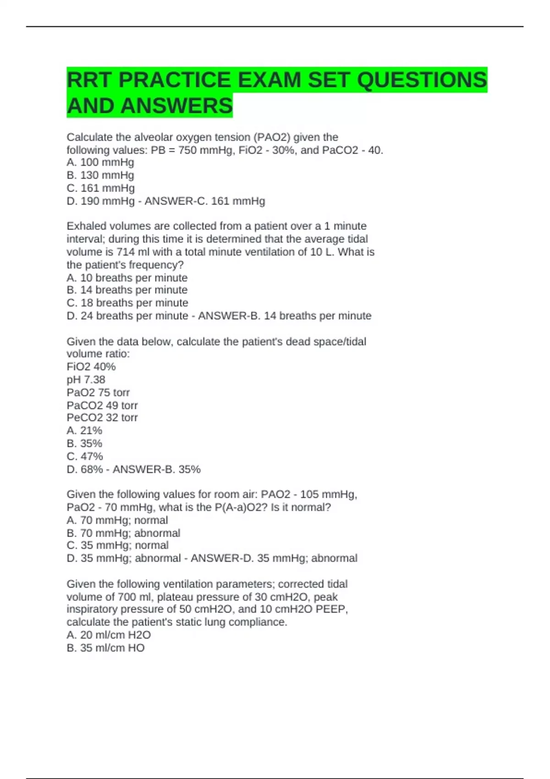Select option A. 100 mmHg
100,162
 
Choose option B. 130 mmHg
100,175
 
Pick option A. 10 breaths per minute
127,278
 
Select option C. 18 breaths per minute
127,303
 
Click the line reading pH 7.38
86,379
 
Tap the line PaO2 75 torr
98,392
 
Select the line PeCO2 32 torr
102,417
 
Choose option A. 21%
84,430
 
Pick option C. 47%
85,456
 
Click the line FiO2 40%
91,367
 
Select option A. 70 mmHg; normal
117,520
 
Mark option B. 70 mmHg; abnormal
123,533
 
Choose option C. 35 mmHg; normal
118,545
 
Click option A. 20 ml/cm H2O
109,635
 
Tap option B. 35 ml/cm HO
105,648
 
